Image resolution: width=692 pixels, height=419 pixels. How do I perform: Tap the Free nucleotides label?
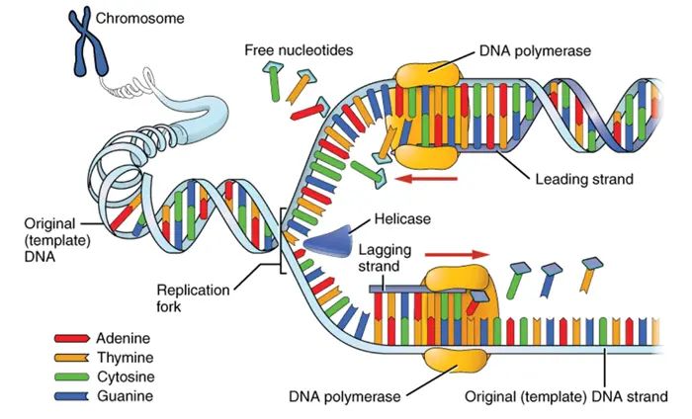(x=294, y=49)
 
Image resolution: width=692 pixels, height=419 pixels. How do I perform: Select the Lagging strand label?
(x=383, y=259)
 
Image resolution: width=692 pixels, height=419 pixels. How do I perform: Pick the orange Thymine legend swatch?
(x=43, y=358)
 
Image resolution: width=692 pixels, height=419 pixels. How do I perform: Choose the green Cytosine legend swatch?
(x=43, y=377)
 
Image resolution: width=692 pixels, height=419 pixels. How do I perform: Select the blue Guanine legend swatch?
(x=43, y=395)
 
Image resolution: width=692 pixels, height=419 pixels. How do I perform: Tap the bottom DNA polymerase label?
(x=345, y=397)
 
